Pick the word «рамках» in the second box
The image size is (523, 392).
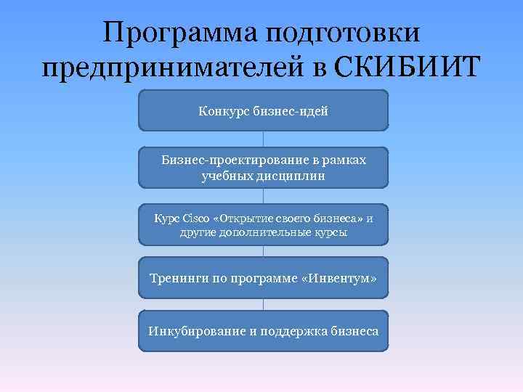tap(342, 160)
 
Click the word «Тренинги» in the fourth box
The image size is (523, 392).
tap(178, 278)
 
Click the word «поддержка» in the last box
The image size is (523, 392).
tap(291, 331)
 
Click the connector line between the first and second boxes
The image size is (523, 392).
tap(263, 139)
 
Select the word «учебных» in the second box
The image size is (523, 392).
tap(226, 175)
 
